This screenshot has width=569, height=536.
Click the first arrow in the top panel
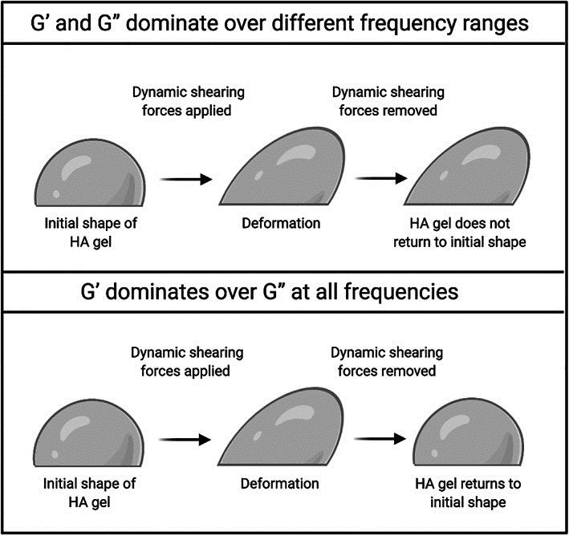[186, 180]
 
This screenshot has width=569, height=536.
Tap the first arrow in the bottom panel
[186, 441]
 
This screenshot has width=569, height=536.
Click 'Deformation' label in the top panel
[281, 223]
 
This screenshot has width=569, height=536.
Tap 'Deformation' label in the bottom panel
[281, 484]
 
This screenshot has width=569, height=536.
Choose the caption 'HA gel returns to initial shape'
[460, 492]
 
